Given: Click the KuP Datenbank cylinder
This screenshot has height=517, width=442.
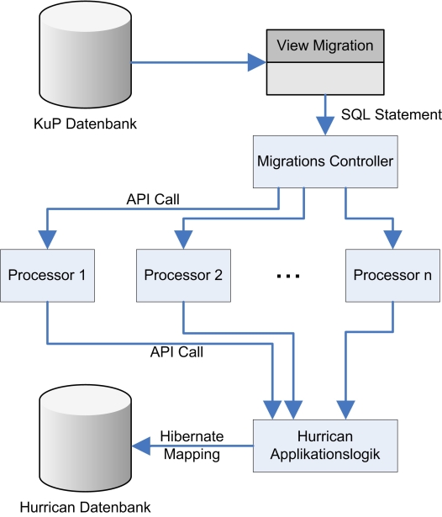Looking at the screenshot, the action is [86, 55].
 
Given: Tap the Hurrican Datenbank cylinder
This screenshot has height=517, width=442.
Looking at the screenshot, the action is [86, 438].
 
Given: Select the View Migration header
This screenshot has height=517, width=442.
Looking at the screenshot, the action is [325, 45].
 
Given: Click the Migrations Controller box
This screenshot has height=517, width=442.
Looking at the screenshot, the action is [325, 161].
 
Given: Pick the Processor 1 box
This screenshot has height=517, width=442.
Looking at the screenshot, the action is [47, 276].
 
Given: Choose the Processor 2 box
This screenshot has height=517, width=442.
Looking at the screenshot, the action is [183, 276].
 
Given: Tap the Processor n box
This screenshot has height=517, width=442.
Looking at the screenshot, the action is [392, 276].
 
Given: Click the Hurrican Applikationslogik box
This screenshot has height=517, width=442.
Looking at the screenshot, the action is [325, 446].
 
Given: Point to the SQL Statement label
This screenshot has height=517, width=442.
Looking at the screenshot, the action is [392, 114].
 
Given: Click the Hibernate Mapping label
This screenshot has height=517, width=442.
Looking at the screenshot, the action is [192, 445].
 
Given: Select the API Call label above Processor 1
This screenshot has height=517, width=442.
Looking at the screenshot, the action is [153, 199].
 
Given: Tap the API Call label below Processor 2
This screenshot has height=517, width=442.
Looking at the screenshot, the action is [176, 352].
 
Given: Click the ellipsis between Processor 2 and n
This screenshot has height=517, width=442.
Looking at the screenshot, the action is [288, 276].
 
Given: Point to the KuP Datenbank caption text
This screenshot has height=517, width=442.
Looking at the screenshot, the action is [85, 124].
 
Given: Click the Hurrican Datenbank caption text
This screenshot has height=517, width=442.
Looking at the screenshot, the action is [85, 508].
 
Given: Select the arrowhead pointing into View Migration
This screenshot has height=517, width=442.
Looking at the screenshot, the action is [257, 62].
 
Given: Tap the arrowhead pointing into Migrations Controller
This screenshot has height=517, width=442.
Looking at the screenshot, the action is [325, 126].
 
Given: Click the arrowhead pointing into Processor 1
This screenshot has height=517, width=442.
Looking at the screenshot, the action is [47, 240].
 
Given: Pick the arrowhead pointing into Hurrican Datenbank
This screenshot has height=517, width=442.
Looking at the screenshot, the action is [141, 446].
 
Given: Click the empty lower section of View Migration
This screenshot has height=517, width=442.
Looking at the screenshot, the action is [325, 78].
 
